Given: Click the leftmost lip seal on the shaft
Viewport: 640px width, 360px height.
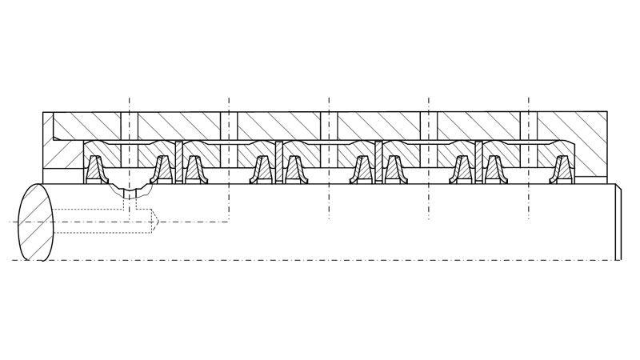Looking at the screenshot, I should [x=98, y=169].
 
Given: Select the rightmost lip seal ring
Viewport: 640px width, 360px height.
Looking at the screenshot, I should [x=561, y=169].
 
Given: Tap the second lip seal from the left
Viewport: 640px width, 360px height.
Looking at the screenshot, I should [x=162, y=169].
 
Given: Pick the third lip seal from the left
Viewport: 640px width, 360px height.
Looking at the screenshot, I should [x=194, y=169].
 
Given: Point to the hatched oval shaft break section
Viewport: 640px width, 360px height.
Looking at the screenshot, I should [x=34, y=222].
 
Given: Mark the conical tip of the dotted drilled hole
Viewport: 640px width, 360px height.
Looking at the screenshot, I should [x=157, y=221].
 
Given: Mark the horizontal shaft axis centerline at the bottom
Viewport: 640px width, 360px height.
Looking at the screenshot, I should [x=320, y=260].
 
